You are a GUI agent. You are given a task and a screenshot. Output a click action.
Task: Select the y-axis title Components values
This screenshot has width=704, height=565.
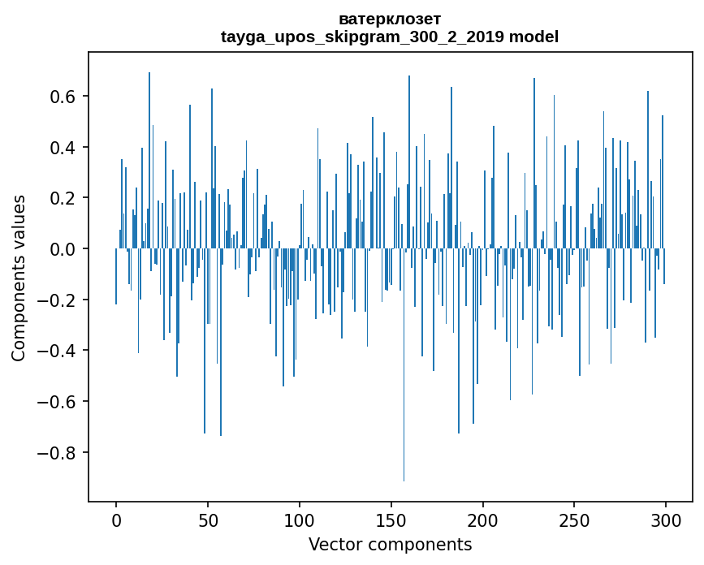click(x=19, y=278)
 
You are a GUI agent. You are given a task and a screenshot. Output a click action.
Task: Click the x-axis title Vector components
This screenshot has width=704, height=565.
click(x=390, y=544)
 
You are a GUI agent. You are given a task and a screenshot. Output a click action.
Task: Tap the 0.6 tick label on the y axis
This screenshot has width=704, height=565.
click(x=64, y=97)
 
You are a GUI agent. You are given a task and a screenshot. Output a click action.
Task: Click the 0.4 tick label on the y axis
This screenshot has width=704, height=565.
click(x=64, y=148)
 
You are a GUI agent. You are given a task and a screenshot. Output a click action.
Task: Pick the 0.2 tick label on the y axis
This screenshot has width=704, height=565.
click(x=64, y=198)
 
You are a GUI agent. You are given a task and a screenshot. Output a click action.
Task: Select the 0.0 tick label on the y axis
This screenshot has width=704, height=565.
click(x=64, y=249)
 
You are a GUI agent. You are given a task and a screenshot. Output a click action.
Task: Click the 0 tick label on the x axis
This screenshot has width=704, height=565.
click(x=116, y=520)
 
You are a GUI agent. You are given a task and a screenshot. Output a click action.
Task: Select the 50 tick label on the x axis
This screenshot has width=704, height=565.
click(x=208, y=520)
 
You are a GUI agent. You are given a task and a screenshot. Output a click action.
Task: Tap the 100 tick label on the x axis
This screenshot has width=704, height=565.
click(x=300, y=520)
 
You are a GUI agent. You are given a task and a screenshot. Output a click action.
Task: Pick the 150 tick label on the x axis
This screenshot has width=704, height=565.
click(x=391, y=520)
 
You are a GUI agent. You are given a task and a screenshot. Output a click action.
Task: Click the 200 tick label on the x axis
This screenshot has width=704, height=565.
click(x=483, y=520)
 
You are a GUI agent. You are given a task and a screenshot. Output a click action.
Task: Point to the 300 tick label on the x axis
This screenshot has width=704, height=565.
click(x=667, y=520)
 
